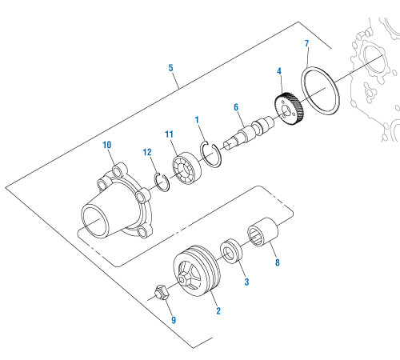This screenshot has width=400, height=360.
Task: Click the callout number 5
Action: [x=170, y=69]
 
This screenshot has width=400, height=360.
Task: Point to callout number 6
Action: [x=237, y=106]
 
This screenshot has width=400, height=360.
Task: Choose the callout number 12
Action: [x=146, y=152]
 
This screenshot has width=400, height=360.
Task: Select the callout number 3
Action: [x=246, y=282]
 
